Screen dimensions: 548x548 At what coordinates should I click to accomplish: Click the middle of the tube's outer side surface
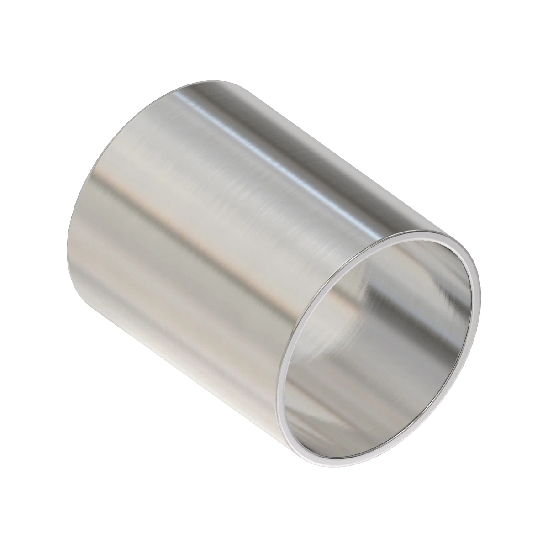coord(228,228)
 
